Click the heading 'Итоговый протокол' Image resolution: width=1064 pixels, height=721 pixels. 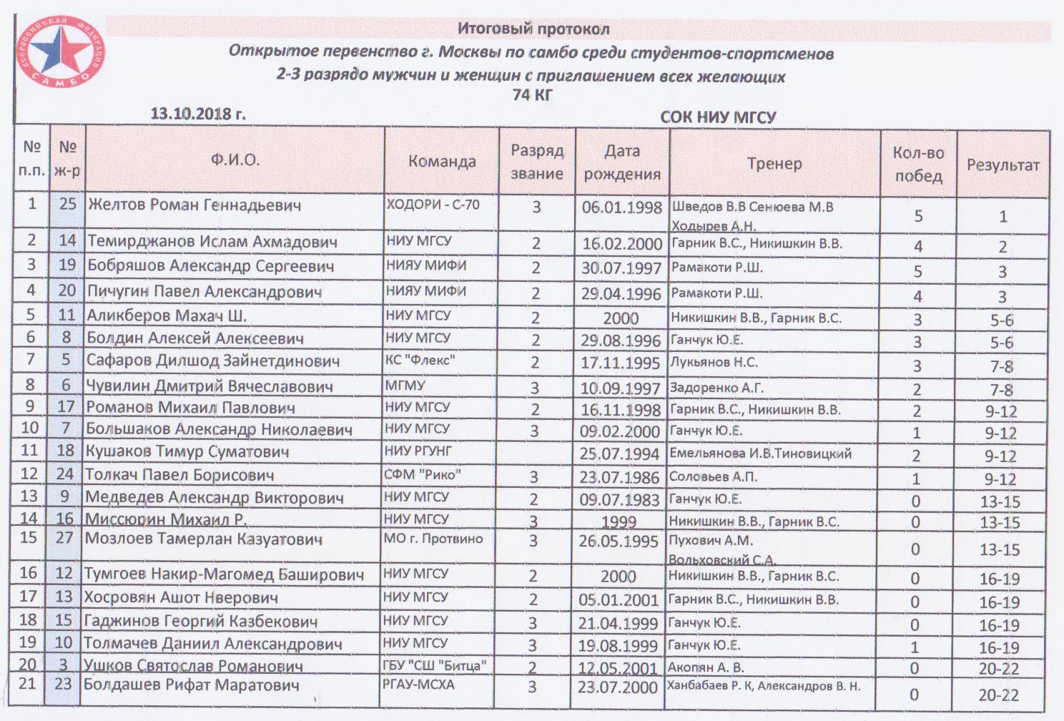pos(533,29)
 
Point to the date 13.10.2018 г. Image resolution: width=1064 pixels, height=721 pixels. pos(197,113)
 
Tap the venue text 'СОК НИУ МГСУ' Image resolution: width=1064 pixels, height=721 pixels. pos(717,117)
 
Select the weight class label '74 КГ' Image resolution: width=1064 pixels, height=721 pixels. pos(533,94)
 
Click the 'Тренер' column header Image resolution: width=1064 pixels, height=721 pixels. pos(774,164)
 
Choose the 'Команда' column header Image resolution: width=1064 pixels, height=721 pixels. pos(442,162)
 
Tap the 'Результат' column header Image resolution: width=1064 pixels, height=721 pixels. pos(1003,165)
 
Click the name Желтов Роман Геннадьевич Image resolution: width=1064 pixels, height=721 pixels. pos(194,205)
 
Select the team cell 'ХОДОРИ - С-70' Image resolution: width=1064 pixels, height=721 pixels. pos(433,205)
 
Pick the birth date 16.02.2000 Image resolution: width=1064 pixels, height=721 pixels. pos(621,244)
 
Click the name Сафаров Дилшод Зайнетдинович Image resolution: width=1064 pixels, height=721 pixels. pos(212,361)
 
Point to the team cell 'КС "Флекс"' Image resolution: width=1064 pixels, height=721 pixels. pos(420,360)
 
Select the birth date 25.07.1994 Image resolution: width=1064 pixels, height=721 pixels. pos(619,453)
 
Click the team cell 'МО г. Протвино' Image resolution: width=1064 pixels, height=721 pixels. pos(433,539)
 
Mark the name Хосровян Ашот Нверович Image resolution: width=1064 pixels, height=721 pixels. pos(181,598)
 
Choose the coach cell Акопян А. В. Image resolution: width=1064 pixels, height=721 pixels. pos(705,667)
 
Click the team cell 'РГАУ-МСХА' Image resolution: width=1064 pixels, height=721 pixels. pos(418,685)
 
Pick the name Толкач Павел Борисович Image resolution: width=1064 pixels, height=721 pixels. pos(179,475)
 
